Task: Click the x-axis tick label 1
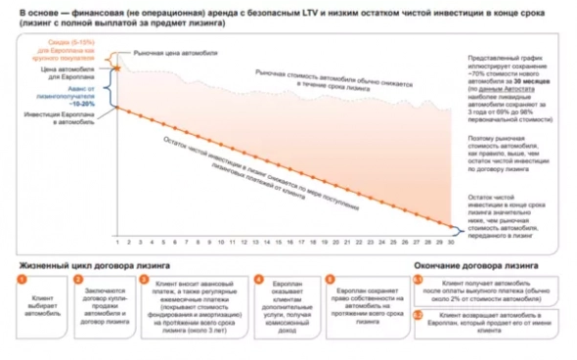point(116,242)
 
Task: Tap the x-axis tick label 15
point(272,242)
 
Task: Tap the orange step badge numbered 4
point(258,279)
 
